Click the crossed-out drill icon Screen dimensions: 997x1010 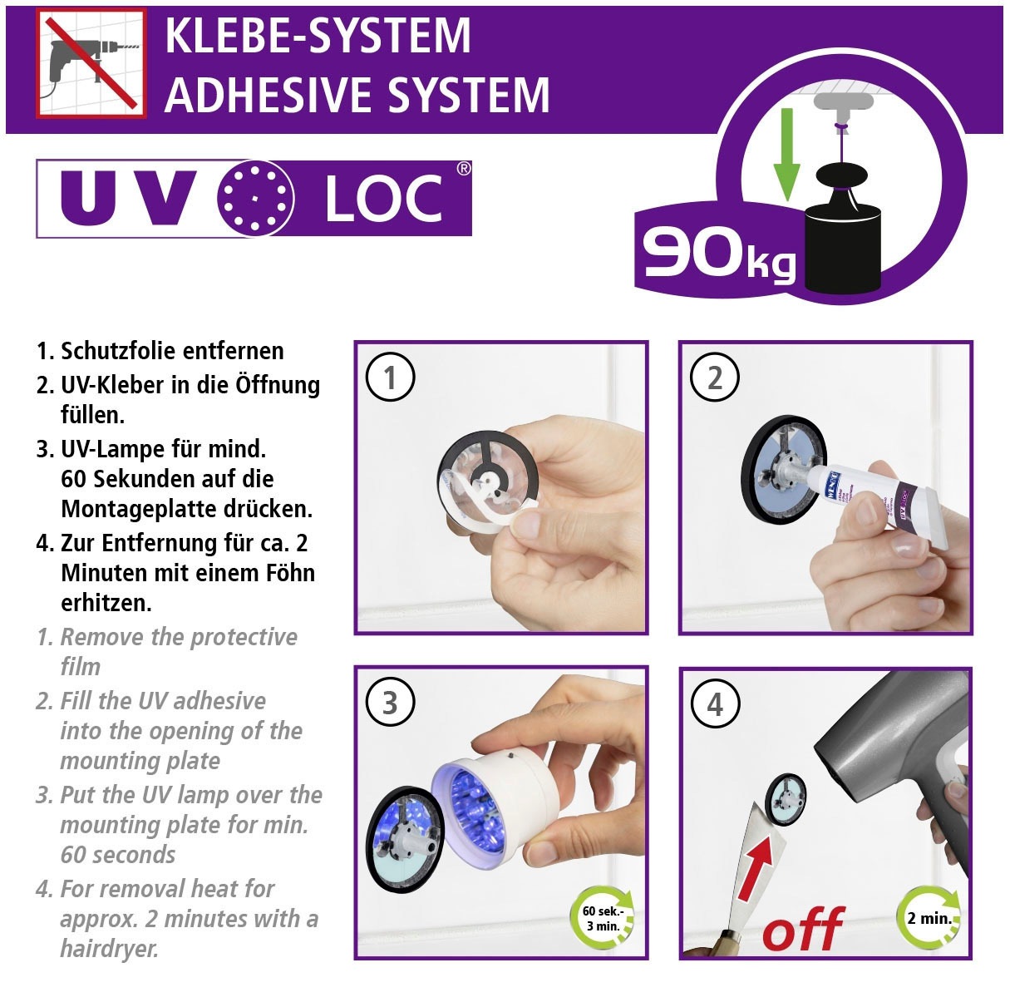pyautogui.click(x=91, y=63)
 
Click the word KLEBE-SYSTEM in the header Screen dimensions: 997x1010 pyautogui.click(x=318, y=35)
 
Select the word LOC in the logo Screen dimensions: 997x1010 pyautogui.click(x=383, y=200)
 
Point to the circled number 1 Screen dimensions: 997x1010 pyautogui.click(x=390, y=378)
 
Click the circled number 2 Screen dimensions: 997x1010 pyautogui.click(x=715, y=378)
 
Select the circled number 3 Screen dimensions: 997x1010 pyautogui.click(x=390, y=703)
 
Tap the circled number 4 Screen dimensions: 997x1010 pyautogui.click(x=715, y=704)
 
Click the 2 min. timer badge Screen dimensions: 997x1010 pyautogui.click(x=929, y=919)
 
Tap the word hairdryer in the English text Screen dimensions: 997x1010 pyautogui.click(x=109, y=949)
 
